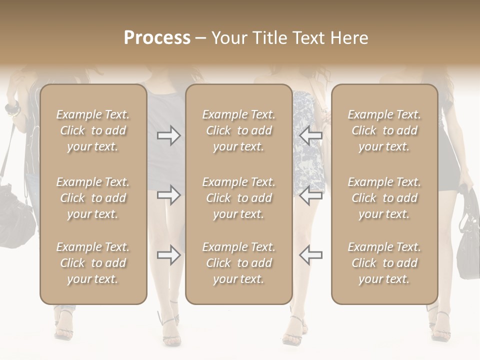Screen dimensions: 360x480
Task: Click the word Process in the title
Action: point(157,38)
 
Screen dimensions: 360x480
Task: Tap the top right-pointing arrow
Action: point(169,135)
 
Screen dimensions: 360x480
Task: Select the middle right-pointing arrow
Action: point(169,195)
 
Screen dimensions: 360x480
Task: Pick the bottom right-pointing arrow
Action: point(169,255)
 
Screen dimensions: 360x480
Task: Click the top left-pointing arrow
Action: point(310,135)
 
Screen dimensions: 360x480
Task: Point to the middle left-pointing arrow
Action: point(310,195)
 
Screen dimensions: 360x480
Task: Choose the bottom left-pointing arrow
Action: point(310,255)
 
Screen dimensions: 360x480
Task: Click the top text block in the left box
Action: point(93,130)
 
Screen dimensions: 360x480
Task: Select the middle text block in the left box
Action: point(93,198)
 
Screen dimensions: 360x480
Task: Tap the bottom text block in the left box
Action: point(93,263)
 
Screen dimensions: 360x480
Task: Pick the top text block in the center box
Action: point(238,130)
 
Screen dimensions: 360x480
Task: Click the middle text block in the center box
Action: point(238,198)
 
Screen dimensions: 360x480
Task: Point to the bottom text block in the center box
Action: point(238,263)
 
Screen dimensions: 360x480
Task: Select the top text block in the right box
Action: point(384,130)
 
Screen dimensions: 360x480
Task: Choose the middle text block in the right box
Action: point(384,198)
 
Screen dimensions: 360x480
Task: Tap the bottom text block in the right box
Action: point(384,263)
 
